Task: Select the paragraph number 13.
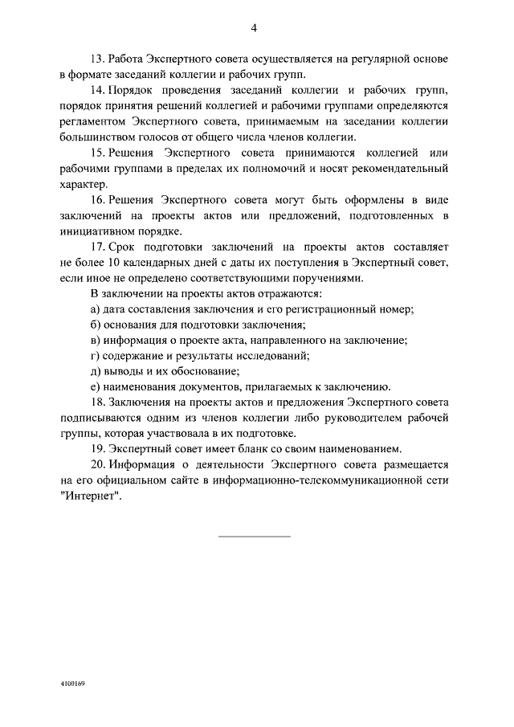coord(98,59)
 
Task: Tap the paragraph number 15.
coord(98,152)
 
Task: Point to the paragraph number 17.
coord(98,246)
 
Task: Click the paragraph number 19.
coord(98,448)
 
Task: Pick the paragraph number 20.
coord(98,464)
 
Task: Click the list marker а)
coord(95,308)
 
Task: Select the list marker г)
coord(94,355)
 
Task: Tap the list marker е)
coord(95,386)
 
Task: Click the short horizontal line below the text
coord(254,536)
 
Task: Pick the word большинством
coord(100,137)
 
